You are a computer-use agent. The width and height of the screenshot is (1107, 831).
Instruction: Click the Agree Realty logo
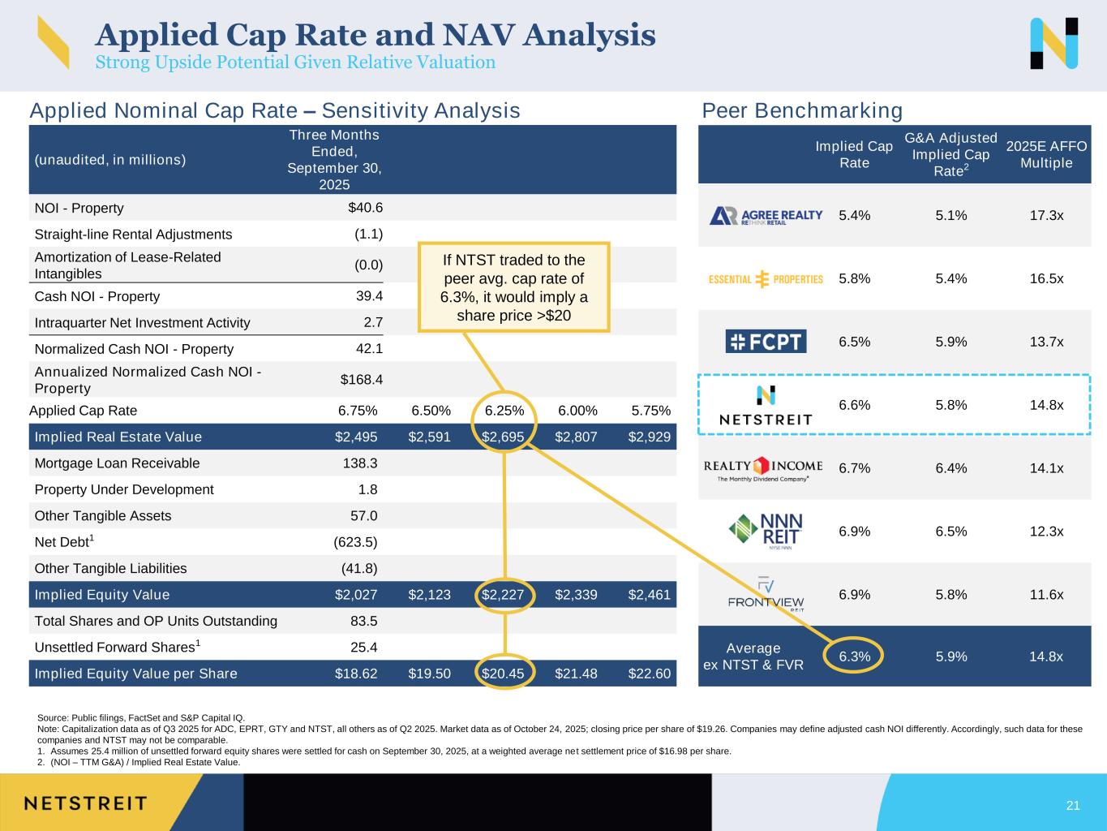766,216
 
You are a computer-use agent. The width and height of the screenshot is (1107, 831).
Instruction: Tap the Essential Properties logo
766,279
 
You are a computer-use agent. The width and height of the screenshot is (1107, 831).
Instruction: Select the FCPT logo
766,342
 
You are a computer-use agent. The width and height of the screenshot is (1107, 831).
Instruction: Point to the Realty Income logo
763,469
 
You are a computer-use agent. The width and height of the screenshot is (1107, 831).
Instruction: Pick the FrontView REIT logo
766,595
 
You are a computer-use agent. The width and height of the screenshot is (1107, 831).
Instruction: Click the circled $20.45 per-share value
503,674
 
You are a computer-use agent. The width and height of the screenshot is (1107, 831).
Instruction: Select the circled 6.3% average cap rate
854,657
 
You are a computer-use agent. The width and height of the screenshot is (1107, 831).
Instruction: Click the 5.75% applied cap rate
650,411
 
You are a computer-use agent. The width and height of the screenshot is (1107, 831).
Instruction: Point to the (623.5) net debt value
355,542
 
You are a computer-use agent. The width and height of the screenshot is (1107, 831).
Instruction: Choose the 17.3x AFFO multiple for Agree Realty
1046,216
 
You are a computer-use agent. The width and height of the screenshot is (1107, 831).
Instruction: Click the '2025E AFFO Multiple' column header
1046,154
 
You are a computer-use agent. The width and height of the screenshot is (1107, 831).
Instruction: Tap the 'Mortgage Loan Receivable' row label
117,463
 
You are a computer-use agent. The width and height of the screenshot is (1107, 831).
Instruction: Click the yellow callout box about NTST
513,287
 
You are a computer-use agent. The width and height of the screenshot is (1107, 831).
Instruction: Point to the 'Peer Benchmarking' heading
801,110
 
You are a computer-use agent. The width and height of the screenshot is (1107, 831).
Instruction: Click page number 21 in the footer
1073,805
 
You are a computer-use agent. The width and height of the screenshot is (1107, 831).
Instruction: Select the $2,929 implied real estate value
650,437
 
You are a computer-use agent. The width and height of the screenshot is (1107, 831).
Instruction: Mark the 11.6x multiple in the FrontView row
1046,595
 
